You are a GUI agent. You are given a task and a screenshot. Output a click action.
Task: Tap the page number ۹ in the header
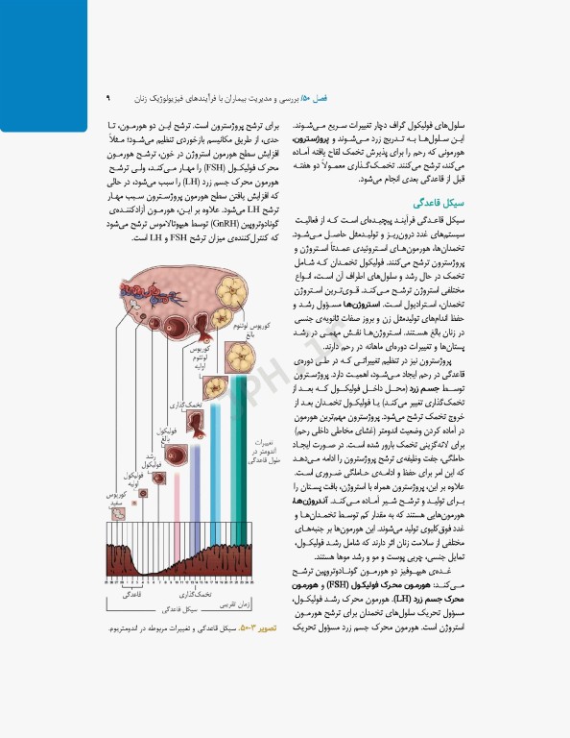(108, 97)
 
